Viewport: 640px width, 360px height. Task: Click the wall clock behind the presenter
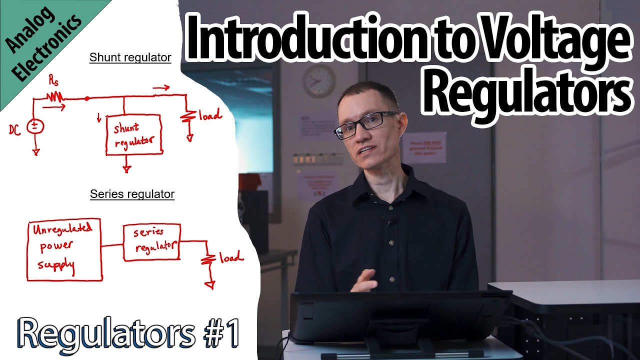pos(319,81)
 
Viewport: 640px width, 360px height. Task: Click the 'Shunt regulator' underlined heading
pos(130,57)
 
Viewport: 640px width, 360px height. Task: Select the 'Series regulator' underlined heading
pos(132,194)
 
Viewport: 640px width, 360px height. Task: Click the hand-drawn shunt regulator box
pos(133,134)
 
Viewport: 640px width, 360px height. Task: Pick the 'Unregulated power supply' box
pos(64,249)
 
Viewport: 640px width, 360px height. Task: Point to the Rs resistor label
pos(52,80)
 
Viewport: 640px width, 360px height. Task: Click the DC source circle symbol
pos(35,126)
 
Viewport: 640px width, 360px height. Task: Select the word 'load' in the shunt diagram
pos(209,115)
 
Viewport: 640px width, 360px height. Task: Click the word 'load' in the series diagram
pos(231,257)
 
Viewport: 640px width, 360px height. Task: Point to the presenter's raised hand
pos(364,280)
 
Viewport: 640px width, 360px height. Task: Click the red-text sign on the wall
pos(424,147)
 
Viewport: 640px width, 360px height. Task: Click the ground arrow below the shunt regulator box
pos(127,168)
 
